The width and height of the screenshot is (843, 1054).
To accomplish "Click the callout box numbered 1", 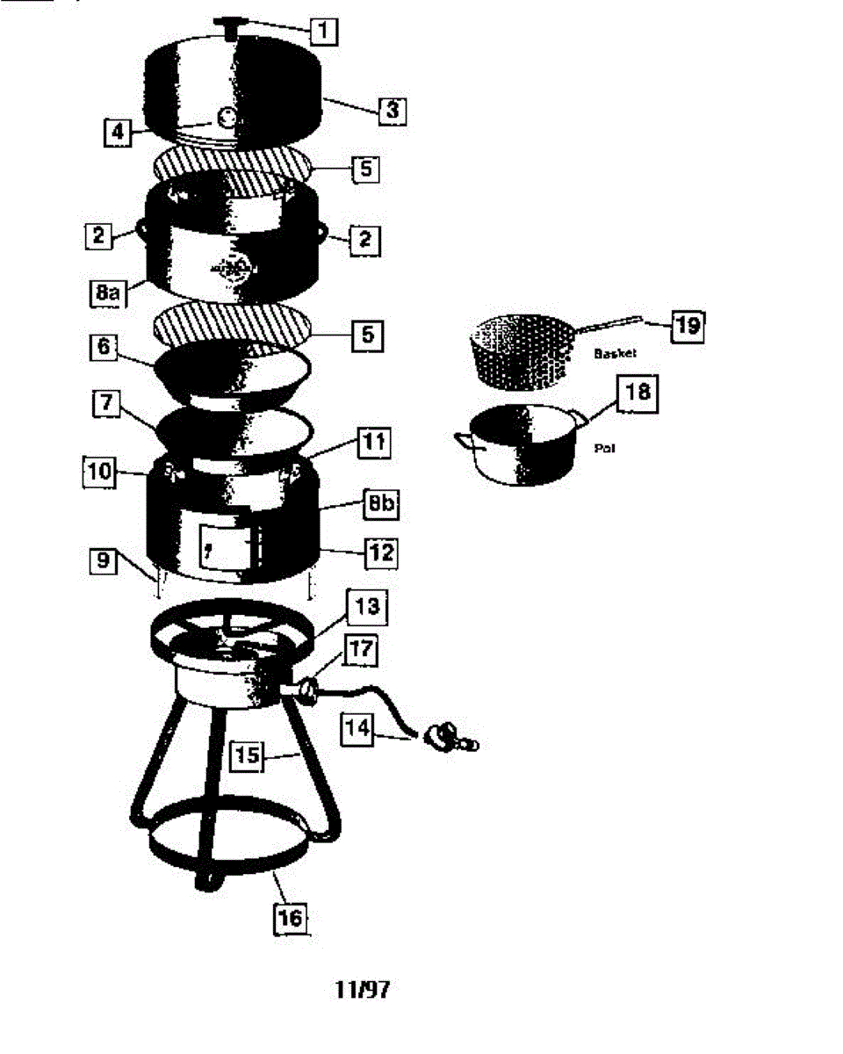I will [323, 32].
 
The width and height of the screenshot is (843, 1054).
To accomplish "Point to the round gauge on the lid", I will [227, 116].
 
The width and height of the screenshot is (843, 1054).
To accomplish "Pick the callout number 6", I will [104, 349].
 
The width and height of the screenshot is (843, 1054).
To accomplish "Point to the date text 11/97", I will [362, 989].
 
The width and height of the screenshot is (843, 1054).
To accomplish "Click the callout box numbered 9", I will [104, 559].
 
